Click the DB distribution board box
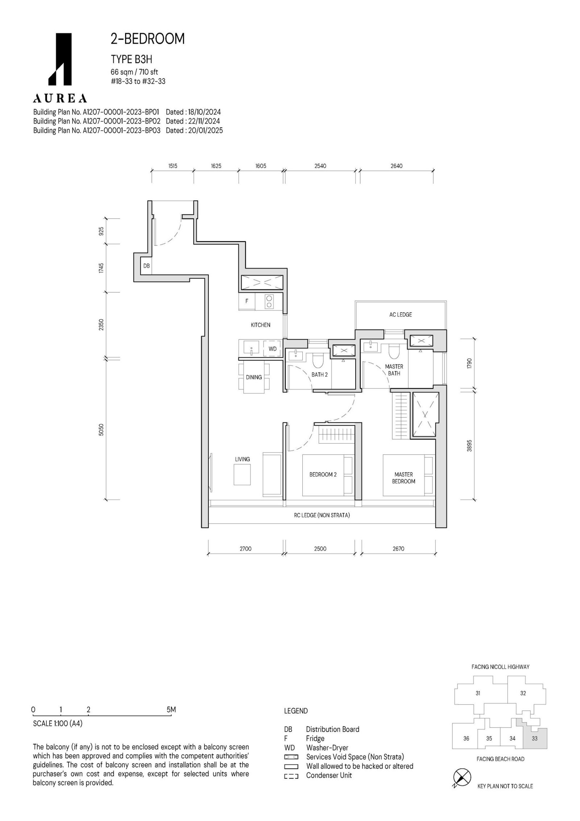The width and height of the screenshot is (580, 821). (146, 266)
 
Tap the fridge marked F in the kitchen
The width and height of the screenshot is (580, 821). (247, 301)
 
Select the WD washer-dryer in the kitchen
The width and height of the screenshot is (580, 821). (273, 349)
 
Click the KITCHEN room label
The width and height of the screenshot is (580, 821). (260, 325)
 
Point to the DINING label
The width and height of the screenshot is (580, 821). (254, 377)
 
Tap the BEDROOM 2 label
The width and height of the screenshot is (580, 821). (323, 474)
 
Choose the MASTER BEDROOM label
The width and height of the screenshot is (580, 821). (403, 478)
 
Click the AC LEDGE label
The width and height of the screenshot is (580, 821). (401, 314)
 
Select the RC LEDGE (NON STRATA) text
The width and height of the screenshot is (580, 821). (322, 515)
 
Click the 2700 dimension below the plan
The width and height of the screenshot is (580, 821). (245, 549)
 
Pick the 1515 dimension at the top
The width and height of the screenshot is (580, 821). (173, 166)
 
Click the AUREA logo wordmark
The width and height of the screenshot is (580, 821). (60, 98)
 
